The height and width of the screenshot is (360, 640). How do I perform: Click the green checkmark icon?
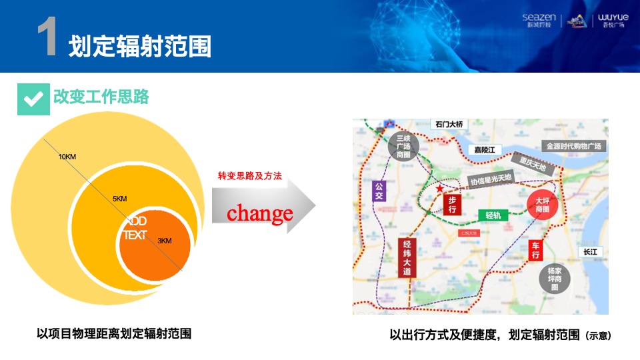tap(33, 99)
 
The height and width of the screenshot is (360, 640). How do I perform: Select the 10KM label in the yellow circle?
tap(67, 157)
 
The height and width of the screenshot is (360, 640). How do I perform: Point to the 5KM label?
tap(120, 199)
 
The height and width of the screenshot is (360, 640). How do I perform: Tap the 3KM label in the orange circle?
tap(165, 241)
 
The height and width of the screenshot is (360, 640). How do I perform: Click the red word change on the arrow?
tap(260, 213)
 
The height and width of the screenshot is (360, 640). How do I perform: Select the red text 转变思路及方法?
tap(250, 176)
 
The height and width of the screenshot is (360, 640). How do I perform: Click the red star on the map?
tap(439, 189)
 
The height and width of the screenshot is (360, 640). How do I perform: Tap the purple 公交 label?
tap(380, 192)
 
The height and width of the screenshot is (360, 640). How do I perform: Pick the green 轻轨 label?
tap(493, 215)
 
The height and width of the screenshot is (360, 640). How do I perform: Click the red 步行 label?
tap(452, 205)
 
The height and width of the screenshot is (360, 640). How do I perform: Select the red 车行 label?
tap(536, 251)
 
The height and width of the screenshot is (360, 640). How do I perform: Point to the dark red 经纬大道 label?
tap(407, 258)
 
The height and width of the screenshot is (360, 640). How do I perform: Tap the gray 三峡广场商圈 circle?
tap(403, 147)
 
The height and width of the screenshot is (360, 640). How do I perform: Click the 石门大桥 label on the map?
tap(449, 125)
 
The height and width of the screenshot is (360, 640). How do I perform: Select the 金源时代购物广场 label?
tap(574, 146)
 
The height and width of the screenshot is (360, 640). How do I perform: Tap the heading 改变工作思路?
tap(101, 97)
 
